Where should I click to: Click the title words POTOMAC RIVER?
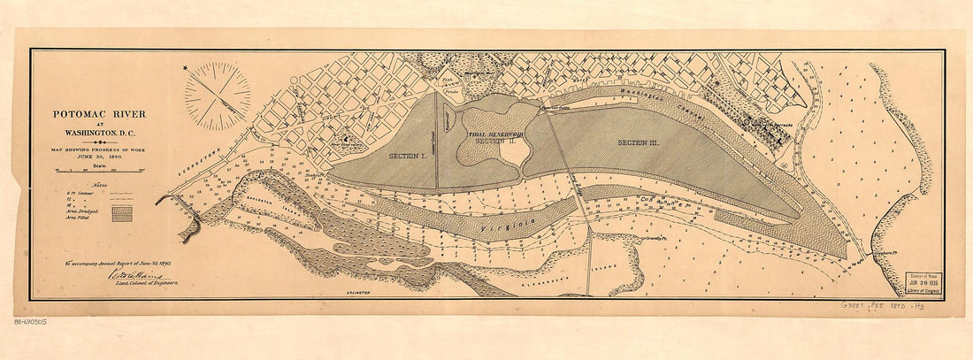(x=99, y=114)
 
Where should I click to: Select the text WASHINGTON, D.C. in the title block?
(x=99, y=134)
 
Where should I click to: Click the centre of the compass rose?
(x=217, y=96)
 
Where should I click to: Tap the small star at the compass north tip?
(x=186, y=68)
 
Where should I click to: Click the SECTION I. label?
(x=407, y=156)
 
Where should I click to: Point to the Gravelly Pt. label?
(x=655, y=237)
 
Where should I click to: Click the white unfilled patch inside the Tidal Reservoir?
(x=514, y=152)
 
